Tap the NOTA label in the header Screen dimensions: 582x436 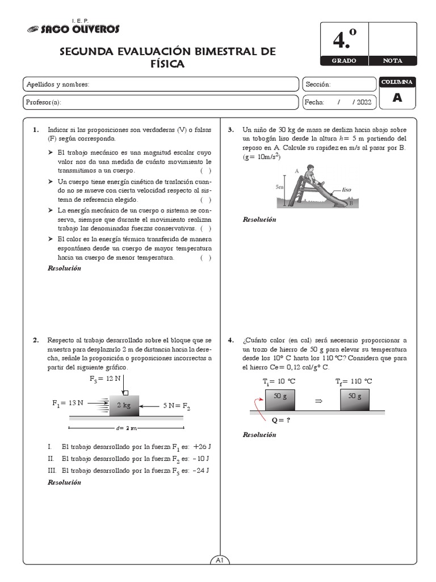tap(393, 61)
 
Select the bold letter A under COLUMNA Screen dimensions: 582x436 tap(397, 98)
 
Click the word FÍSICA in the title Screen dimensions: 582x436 tap(167, 65)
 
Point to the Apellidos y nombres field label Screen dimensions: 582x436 tap(58, 85)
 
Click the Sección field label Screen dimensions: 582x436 tap(318, 85)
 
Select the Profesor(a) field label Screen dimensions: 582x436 tap(44, 102)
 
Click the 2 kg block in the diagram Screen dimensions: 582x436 tap(124, 405)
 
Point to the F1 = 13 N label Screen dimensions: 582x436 tap(68, 403)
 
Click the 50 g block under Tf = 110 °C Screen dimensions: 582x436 tap(355, 396)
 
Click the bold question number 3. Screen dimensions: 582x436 tap(231, 130)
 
